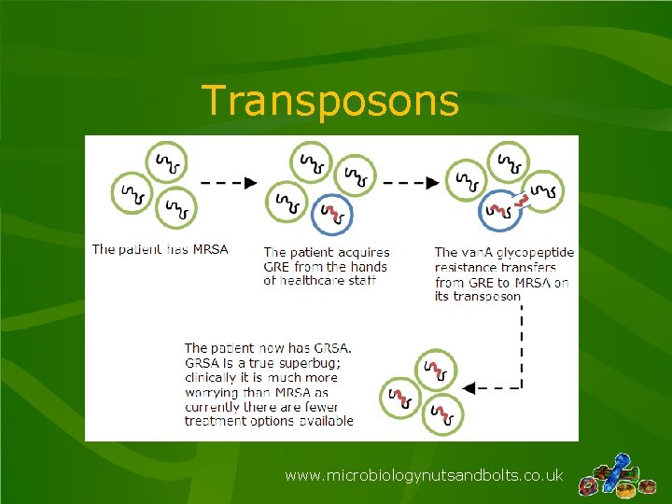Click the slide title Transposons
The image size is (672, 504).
(329, 101)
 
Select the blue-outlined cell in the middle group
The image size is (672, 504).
(332, 216)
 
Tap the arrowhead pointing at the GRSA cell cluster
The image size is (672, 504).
(469, 387)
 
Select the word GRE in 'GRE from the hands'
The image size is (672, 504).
(278, 266)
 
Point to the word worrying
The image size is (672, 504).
(212, 392)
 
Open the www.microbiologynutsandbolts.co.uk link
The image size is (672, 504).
(424, 476)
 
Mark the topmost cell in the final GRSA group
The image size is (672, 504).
(436, 371)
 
